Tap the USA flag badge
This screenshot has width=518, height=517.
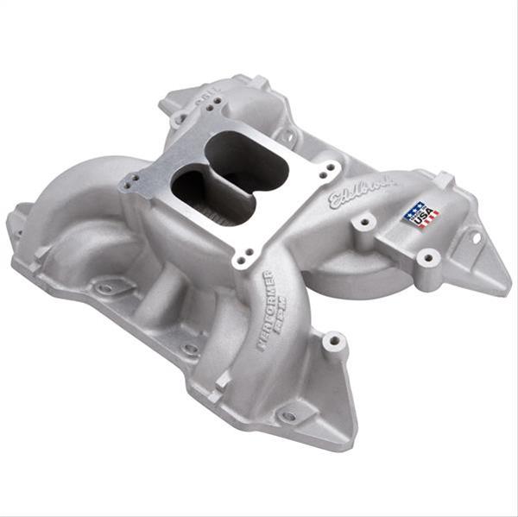(420, 214)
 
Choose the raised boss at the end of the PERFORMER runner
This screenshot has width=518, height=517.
(335, 343)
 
